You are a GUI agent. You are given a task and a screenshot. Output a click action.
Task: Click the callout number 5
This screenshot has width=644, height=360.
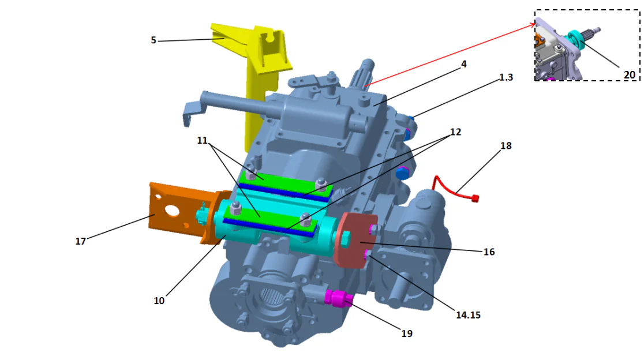click(x=153, y=40)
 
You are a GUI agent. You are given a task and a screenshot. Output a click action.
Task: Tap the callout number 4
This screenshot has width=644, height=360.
click(x=463, y=65)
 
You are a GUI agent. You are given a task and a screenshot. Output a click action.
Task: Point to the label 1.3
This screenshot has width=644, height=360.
click(x=506, y=77)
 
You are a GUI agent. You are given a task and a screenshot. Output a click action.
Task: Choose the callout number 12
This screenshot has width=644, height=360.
click(x=455, y=132)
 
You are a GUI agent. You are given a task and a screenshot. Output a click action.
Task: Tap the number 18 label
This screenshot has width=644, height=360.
click(x=506, y=146)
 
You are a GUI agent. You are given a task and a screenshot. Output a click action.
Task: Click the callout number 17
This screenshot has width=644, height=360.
click(x=81, y=241)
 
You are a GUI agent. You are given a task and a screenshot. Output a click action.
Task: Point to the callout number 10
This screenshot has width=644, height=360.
click(x=159, y=301)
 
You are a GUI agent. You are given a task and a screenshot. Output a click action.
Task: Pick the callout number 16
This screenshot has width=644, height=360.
click(x=489, y=252)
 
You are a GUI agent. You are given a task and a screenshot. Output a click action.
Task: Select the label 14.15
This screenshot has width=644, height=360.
click(x=468, y=315)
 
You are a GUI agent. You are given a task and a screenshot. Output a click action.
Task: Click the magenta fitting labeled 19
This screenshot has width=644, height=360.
click(x=338, y=298)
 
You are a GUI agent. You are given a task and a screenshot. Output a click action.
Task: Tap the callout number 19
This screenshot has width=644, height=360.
click(x=407, y=333)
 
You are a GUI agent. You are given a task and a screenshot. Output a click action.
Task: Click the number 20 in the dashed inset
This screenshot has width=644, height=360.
click(x=629, y=74)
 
